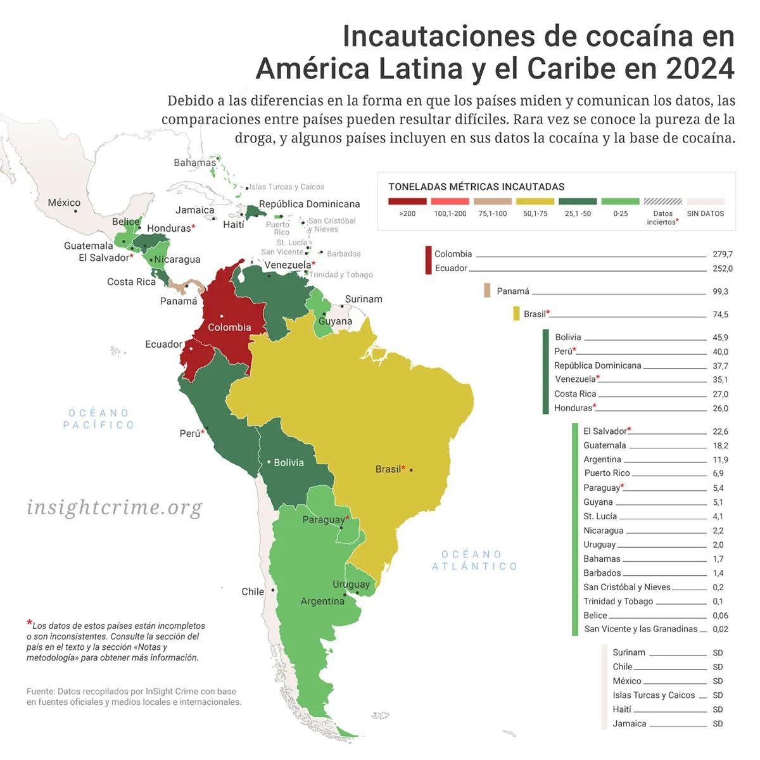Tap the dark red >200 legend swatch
pyautogui.click(x=407, y=201)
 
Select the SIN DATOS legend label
pyautogui.click(x=705, y=213)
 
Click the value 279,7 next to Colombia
pyautogui.click(x=722, y=254)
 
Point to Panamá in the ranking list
pyautogui.click(x=512, y=291)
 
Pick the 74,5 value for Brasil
pyautogui.click(x=720, y=314)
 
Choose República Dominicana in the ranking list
pyautogui.click(x=597, y=365)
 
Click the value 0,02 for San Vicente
pyautogui.click(x=719, y=629)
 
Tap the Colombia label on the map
pyautogui.click(x=229, y=327)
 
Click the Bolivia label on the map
pyautogui.click(x=289, y=463)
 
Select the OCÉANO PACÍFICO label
pyautogui.click(x=99, y=419)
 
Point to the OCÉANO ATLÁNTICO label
pyautogui.click(x=474, y=560)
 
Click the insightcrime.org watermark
pyautogui.click(x=115, y=508)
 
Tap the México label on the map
pyautogui.click(x=64, y=203)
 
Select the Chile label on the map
pyautogui.click(x=253, y=592)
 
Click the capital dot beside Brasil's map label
pyautogui.click(x=411, y=470)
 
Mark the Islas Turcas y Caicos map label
pyautogui.click(x=286, y=187)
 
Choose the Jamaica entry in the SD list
pyautogui.click(x=629, y=723)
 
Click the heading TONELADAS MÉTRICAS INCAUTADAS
pyautogui.click(x=476, y=187)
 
